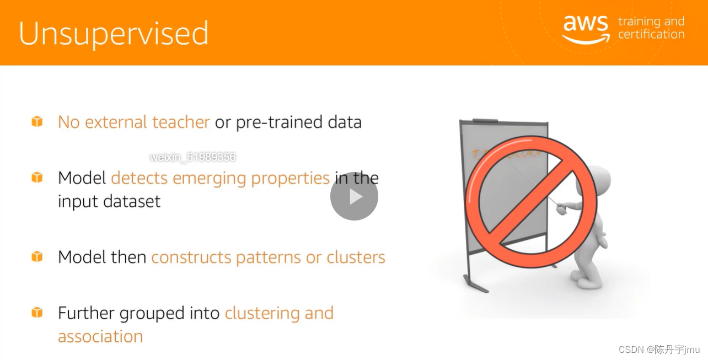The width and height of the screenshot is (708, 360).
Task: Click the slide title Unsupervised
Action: pyautogui.click(x=114, y=34)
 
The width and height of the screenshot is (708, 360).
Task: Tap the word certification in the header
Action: pyautogui.click(x=651, y=34)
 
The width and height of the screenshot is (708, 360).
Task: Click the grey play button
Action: pyautogui.click(x=354, y=197)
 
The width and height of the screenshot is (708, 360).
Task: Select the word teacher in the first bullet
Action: pyautogui.click(x=181, y=122)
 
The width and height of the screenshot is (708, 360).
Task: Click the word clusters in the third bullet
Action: pyautogui.click(x=356, y=257)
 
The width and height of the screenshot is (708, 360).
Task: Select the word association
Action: pyautogui.click(x=100, y=336)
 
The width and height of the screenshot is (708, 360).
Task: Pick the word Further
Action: pyautogui.click(x=86, y=313)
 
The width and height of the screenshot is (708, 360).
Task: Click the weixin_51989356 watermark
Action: pyautogui.click(x=193, y=157)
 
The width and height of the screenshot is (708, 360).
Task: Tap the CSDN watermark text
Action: pyautogui.click(x=659, y=350)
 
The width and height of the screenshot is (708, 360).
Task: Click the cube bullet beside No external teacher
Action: pyautogui.click(x=37, y=121)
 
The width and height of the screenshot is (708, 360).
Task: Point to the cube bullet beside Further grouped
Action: pyautogui.click(x=37, y=313)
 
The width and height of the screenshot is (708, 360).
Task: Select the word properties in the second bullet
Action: pyautogui.click(x=290, y=179)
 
